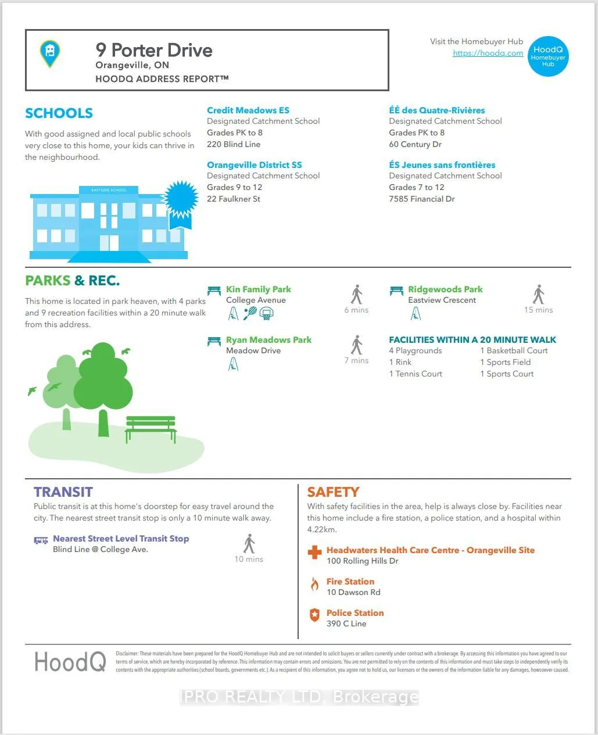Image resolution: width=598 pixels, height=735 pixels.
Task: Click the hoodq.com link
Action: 488,53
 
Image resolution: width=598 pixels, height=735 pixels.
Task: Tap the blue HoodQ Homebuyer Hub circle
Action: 548,56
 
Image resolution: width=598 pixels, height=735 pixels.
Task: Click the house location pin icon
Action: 50,53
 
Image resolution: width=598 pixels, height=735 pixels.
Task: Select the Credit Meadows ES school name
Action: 248,110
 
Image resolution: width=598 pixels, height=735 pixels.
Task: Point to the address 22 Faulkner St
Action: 234,199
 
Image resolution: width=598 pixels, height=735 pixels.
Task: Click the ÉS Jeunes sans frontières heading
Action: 442,165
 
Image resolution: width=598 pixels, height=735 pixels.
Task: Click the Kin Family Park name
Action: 259,289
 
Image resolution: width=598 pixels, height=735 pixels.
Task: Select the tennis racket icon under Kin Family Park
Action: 250,314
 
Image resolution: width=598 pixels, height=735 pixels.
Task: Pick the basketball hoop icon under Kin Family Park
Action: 266,314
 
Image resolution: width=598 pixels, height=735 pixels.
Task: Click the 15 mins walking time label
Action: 538,310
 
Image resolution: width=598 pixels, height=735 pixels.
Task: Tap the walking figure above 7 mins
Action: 357,345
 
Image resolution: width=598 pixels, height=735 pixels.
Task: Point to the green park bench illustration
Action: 151,429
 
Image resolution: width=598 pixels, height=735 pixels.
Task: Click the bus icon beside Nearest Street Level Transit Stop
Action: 41,540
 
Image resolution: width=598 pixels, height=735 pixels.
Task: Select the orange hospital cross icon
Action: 314,552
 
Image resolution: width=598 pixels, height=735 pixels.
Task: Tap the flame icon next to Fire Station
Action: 314,584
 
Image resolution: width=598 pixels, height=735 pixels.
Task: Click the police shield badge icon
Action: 314,615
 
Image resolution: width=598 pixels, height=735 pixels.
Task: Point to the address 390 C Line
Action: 346,623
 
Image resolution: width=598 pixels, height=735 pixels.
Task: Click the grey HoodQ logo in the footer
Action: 70,662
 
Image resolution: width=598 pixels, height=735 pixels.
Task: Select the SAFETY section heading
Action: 333,492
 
